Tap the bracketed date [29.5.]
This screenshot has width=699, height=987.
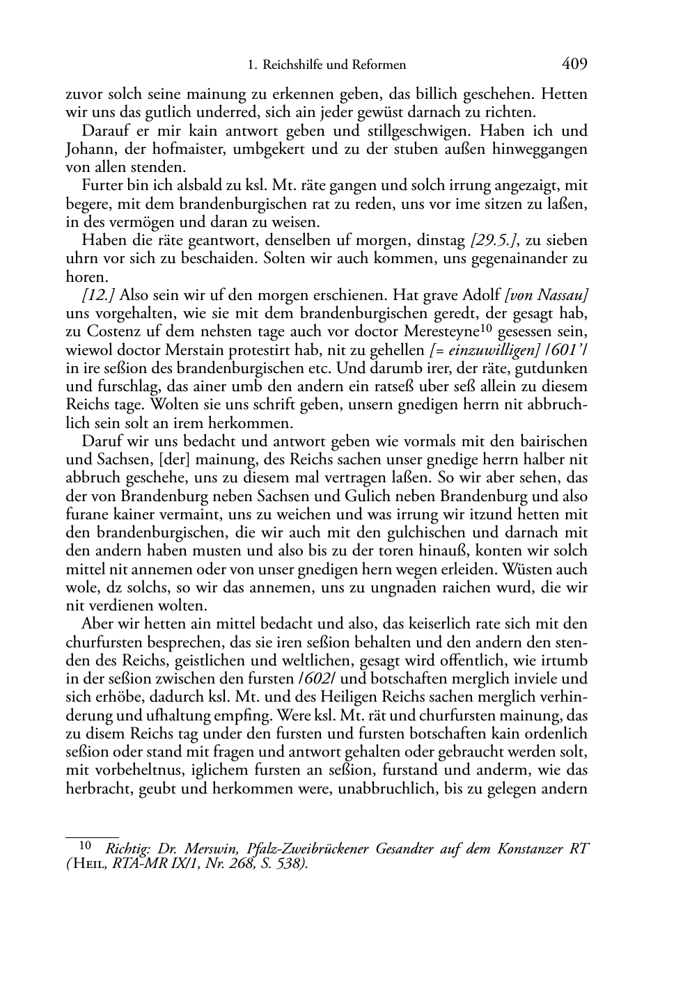tap(494, 241)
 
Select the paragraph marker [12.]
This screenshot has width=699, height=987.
tap(98, 296)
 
